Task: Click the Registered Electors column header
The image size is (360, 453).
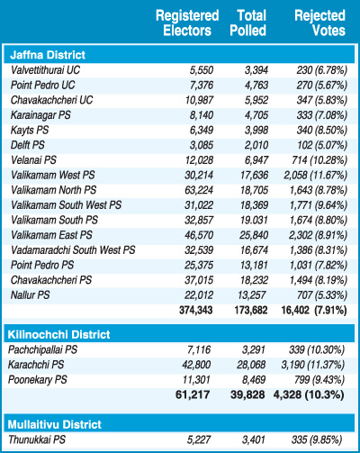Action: (187, 23)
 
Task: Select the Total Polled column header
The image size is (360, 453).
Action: (248, 23)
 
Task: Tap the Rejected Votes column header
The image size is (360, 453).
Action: (320, 23)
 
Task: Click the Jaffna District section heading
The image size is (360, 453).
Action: (48, 55)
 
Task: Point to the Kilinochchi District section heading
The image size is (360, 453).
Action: (58, 334)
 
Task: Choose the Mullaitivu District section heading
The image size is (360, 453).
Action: (55, 424)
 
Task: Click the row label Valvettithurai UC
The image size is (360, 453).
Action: (46, 70)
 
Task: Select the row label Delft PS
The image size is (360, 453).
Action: (28, 145)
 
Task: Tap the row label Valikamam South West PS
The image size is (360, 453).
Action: (67, 205)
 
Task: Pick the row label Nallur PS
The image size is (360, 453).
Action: (31, 295)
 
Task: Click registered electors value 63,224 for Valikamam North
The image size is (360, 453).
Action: (199, 190)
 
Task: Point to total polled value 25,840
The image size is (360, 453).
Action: (254, 235)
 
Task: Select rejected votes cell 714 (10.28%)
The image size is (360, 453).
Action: (319, 160)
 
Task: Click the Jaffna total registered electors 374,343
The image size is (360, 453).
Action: (196, 310)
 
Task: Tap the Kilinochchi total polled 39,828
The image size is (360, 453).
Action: (247, 394)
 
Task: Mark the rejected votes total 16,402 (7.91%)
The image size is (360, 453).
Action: (314, 310)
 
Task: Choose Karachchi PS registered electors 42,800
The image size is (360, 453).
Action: (196, 365)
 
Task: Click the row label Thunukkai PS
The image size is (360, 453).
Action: (37, 439)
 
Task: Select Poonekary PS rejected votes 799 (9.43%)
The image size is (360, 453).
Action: (319, 380)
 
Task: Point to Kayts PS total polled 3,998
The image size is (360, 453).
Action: (256, 130)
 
